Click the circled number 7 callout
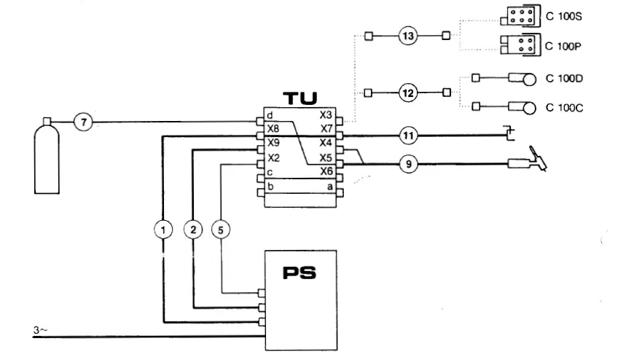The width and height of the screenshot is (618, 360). [x=85, y=122]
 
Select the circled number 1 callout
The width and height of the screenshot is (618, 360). [x=165, y=230]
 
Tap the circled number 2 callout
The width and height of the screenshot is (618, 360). [x=193, y=230]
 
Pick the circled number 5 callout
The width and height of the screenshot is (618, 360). [x=222, y=230]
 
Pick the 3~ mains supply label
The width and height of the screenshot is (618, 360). [x=42, y=332]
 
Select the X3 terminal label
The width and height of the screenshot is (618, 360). [x=326, y=116]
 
